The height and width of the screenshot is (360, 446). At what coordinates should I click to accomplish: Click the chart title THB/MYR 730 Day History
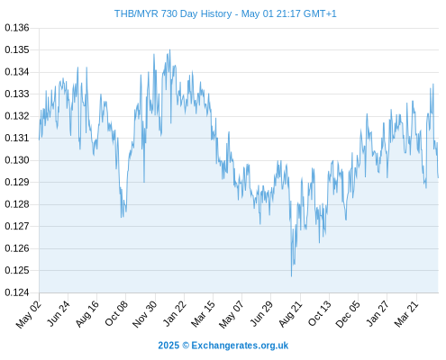[x=173, y=13]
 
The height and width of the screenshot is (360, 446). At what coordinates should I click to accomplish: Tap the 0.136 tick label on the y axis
[x=17, y=28]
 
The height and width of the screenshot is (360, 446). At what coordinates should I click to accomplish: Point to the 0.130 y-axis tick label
[x=17, y=160]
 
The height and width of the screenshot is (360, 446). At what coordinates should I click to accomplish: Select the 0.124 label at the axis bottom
[x=17, y=292]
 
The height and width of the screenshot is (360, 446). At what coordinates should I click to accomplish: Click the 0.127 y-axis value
[x=17, y=226]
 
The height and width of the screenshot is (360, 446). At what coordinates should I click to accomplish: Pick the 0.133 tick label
[x=17, y=94]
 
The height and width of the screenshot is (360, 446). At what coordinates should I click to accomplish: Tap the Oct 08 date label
[x=116, y=313]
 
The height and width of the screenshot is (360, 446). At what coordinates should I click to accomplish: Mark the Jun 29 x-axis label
[x=261, y=313]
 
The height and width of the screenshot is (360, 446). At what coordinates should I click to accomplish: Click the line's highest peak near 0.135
[x=170, y=49]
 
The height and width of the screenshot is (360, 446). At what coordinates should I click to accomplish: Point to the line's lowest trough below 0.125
[x=291, y=276]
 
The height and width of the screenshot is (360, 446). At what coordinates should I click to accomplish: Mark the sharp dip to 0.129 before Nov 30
[x=144, y=182]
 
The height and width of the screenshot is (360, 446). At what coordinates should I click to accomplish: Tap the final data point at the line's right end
[x=438, y=177]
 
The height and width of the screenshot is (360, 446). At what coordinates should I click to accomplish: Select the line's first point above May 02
[x=39, y=139]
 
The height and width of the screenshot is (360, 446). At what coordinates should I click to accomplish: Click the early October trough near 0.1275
[x=122, y=217]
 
